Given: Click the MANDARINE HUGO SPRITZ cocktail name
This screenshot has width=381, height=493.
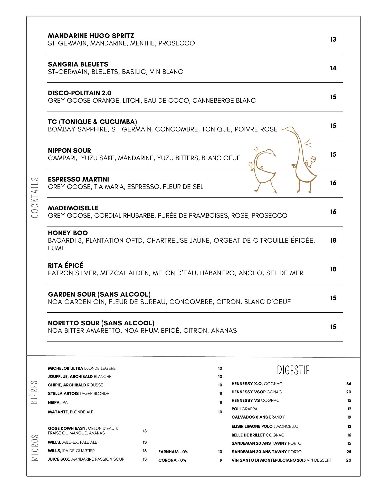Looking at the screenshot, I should point(91,36).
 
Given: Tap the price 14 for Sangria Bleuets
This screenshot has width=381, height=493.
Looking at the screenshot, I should point(333,68).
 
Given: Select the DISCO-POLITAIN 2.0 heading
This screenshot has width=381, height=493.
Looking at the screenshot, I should point(80,93).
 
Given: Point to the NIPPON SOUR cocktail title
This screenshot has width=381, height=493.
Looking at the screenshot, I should point(69,150).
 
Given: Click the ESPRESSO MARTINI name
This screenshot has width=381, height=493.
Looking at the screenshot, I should point(78,179).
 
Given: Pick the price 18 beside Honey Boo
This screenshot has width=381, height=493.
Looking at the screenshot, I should point(333,241).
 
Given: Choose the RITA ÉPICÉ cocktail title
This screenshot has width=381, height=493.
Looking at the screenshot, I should point(65,266).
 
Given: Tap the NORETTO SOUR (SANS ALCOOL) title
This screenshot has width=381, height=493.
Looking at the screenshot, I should point(101,323).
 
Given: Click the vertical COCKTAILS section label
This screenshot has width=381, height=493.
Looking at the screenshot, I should point(35,197).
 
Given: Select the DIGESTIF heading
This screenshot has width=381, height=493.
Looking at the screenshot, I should point(293,371).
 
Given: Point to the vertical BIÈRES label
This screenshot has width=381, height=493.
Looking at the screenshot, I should point(34,392).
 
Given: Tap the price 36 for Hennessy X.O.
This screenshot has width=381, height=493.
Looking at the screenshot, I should point(348,384).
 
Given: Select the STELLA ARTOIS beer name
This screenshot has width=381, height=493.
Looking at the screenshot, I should point(63,393).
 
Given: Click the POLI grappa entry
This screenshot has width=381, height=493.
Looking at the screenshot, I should point(236,409).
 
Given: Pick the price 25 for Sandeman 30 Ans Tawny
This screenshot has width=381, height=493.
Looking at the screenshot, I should point(348,452).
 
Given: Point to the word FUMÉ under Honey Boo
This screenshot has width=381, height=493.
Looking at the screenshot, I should point(56,248).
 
